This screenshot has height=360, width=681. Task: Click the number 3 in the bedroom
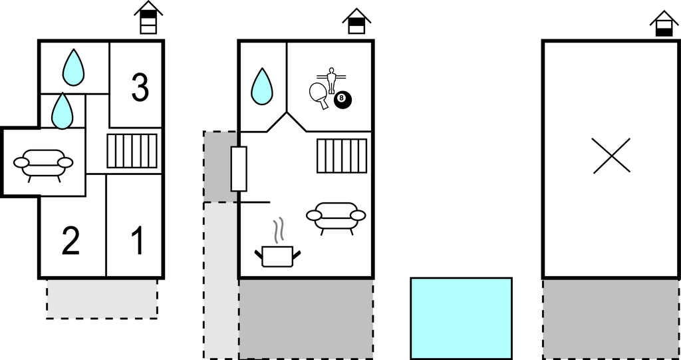click(x=140, y=88)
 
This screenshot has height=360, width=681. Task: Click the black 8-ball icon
click(x=342, y=100)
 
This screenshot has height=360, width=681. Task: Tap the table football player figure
click(x=331, y=80)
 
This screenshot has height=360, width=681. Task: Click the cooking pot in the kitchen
click(x=277, y=256)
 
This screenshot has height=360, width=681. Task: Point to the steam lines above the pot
click(x=278, y=230)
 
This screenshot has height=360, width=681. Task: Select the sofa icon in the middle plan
click(x=336, y=218)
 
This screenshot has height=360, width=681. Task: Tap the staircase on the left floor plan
click(x=132, y=151)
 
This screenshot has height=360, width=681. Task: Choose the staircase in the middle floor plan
click(x=342, y=156)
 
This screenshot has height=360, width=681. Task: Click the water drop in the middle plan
click(x=262, y=87)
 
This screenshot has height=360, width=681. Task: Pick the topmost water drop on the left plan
click(x=73, y=67)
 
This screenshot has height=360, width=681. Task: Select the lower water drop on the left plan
click(x=62, y=111)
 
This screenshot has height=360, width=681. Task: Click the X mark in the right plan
click(x=611, y=156)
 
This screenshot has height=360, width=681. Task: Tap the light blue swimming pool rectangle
click(x=462, y=319)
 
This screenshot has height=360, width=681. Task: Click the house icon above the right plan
click(x=664, y=23)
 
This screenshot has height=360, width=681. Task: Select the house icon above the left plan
click(x=148, y=17)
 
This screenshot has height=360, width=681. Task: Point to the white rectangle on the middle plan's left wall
click(x=239, y=169)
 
